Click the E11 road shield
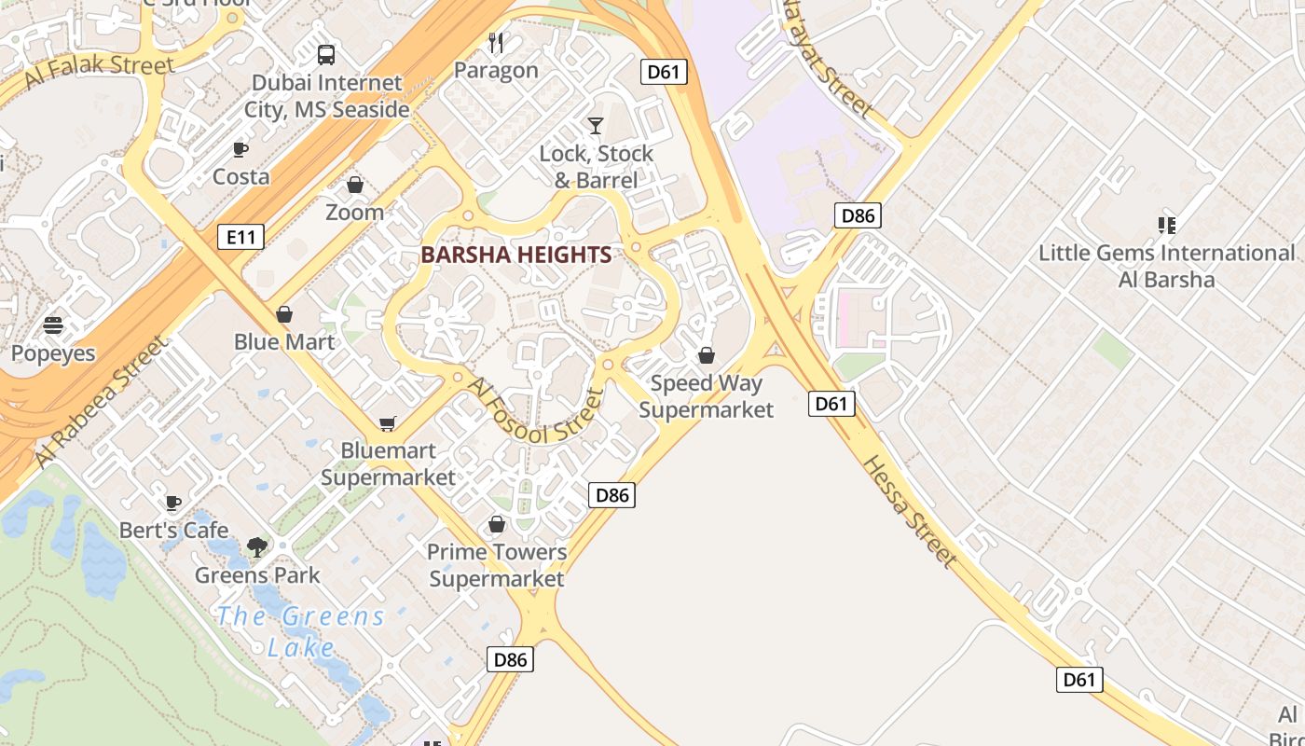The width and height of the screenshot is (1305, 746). (240, 237)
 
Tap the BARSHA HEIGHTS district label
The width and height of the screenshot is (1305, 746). (516, 255)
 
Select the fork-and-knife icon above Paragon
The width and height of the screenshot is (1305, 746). (496, 42)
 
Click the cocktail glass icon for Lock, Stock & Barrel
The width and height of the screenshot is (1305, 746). (596, 125)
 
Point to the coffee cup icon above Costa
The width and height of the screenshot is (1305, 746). (240, 149)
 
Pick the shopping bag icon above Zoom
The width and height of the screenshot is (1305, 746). (354, 186)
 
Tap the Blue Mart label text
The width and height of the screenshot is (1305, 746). (284, 341)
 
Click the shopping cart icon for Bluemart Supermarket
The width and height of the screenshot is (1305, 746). (388, 424)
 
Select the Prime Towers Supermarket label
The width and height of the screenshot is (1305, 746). (497, 565)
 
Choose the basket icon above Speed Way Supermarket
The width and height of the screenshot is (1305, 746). (707, 355)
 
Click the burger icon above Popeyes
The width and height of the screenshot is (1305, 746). (53, 325)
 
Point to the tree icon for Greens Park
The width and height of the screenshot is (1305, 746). (256, 547)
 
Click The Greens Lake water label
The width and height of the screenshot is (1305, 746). (300, 631)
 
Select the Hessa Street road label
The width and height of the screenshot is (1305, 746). (909, 511)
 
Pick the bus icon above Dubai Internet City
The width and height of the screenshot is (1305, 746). (326, 55)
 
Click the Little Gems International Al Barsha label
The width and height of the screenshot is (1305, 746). (1166, 266)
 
